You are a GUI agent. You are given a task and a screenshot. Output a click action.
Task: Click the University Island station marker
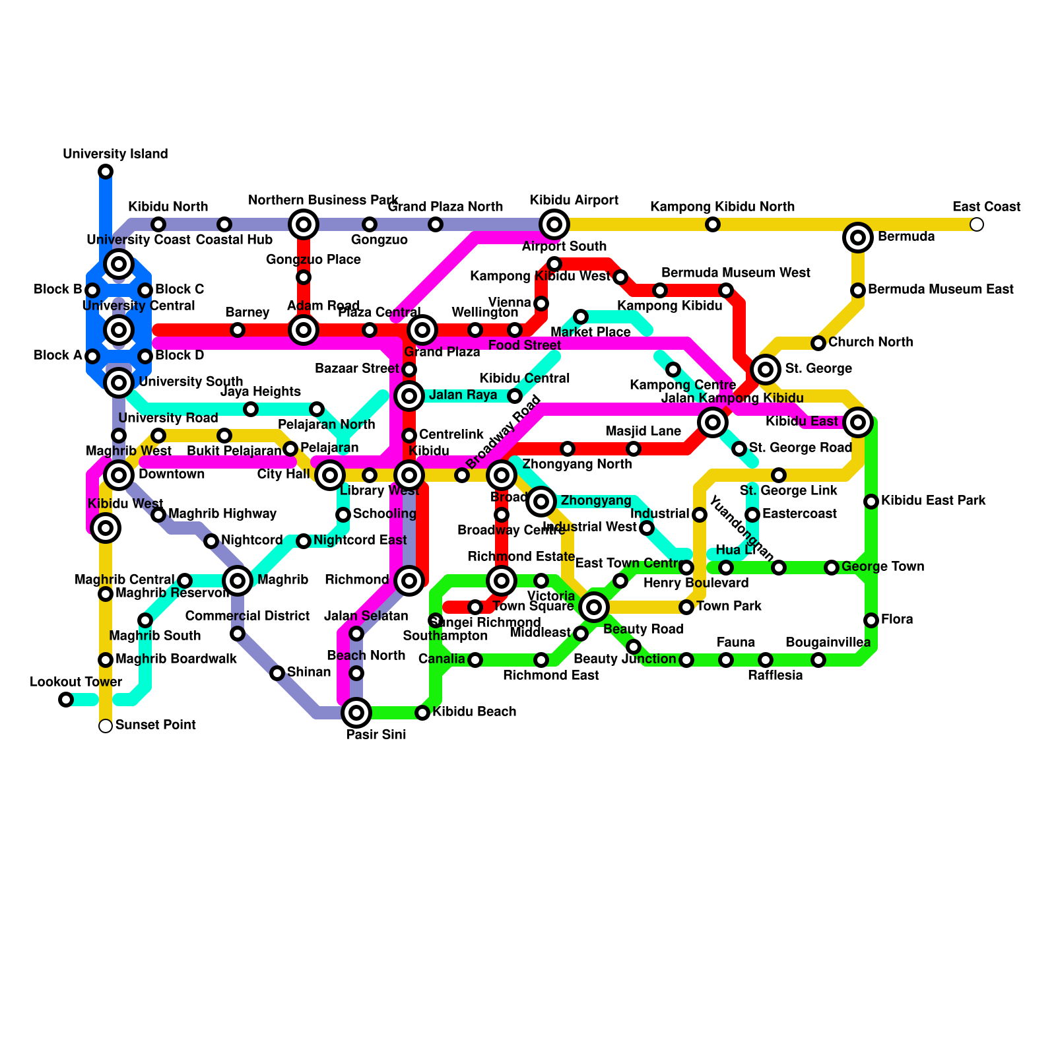pyautogui.click(x=106, y=172)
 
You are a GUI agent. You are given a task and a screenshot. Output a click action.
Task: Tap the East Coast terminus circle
pyautogui.click(x=977, y=224)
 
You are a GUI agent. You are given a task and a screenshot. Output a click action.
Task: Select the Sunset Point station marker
pyautogui.click(x=106, y=726)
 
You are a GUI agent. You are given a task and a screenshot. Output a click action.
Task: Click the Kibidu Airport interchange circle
pyautogui.click(x=554, y=224)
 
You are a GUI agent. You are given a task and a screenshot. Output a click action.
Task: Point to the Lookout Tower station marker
pyautogui.click(x=66, y=700)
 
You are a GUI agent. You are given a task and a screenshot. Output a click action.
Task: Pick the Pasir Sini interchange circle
pyautogui.click(x=356, y=713)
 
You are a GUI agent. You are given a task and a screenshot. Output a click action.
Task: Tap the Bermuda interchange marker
pyautogui.click(x=858, y=238)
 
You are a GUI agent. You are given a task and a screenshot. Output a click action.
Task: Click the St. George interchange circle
pyautogui.click(x=766, y=370)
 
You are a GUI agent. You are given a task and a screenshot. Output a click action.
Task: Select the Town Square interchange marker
pyautogui.click(x=594, y=607)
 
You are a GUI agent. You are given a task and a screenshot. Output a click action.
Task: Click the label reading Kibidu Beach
pyautogui.click(x=474, y=711)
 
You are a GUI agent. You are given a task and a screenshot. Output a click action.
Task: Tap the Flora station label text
pyautogui.click(x=897, y=619)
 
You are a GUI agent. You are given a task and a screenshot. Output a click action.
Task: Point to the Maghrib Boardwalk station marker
pyautogui.click(x=106, y=660)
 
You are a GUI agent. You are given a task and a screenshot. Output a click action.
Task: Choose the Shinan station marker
pyautogui.click(x=277, y=673)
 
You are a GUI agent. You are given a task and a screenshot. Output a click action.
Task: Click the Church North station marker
pyautogui.click(x=818, y=343)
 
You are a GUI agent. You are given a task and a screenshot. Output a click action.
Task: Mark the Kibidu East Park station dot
pyautogui.click(x=871, y=502)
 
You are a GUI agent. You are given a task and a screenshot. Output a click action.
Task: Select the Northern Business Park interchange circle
pyautogui.click(x=304, y=224)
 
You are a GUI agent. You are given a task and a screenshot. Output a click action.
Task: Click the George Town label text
pyautogui.click(x=882, y=566)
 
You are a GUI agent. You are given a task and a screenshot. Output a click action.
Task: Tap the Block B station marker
pyautogui.click(x=92, y=290)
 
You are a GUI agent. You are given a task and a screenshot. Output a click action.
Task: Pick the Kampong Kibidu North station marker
pyautogui.click(x=713, y=224)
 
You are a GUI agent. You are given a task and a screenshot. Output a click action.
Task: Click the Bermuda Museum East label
pyautogui.click(x=940, y=289)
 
